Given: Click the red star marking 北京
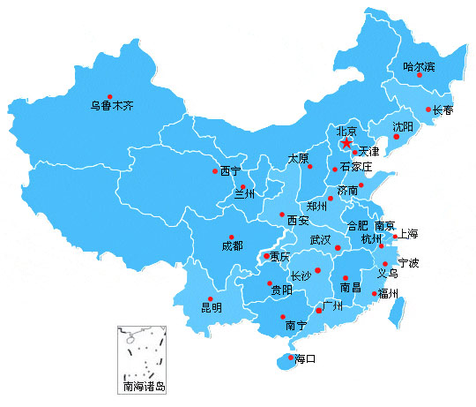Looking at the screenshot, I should pyautogui.click(x=346, y=142).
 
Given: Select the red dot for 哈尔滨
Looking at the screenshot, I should pyautogui.click(x=420, y=76).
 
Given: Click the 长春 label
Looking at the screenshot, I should pyautogui.click(x=443, y=110).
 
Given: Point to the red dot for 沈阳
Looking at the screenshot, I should pyautogui.click(x=397, y=137).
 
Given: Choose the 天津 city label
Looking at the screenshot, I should pyautogui.click(x=368, y=152).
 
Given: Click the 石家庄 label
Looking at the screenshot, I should pyautogui.click(x=356, y=167).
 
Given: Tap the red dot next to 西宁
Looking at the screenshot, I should pyautogui.click(x=214, y=170).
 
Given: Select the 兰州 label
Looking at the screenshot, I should pyautogui.click(x=244, y=195).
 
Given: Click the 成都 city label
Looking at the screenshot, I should pyautogui.click(x=232, y=247).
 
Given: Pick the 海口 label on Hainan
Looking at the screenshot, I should pyautogui.click(x=304, y=358).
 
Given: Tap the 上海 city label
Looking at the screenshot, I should pyautogui.click(x=408, y=235).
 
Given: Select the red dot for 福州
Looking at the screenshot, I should pyautogui.click(x=374, y=293).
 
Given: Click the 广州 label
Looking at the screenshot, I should pyautogui.click(x=331, y=305).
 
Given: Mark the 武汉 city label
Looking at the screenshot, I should pyautogui.click(x=320, y=240).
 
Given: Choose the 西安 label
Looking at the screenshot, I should pyautogui.click(x=297, y=220).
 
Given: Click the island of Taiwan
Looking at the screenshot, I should pyautogui.click(x=398, y=308).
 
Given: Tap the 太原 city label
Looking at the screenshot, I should pyautogui.click(x=298, y=159).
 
